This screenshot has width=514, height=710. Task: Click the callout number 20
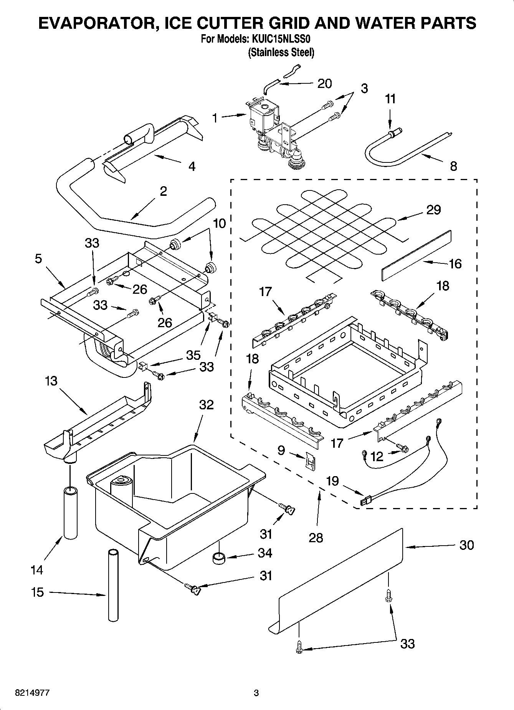point(324,83)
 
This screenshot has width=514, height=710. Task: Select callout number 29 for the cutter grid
point(433,210)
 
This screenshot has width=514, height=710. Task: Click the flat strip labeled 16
point(416,256)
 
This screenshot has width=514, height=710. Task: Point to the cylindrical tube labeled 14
point(70,513)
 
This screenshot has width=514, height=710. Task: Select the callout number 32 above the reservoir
point(206,405)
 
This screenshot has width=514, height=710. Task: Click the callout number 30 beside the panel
point(466,545)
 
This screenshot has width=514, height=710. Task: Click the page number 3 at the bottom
point(256,693)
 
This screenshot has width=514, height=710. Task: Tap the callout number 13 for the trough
point(51,381)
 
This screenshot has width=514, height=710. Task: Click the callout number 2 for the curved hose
point(163,191)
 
